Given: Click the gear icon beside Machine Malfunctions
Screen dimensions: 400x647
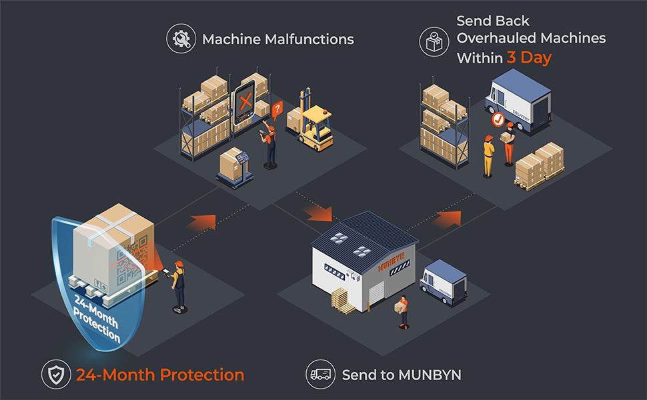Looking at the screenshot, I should point(181,39).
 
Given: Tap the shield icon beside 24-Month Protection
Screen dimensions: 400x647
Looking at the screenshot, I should point(55,375).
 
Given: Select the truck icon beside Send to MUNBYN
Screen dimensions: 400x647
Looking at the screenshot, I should point(321,375).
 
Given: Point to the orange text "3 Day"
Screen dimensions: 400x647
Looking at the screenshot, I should point(529,58).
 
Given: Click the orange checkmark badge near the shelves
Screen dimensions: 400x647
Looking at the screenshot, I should point(497,120).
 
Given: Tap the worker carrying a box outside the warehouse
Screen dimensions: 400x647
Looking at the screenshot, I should point(402,312).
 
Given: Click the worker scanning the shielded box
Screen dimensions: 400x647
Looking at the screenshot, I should point(178,285).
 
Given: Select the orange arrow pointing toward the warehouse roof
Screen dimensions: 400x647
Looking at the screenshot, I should point(317,213).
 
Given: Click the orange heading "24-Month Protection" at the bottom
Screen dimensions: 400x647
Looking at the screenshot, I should point(160,375).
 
